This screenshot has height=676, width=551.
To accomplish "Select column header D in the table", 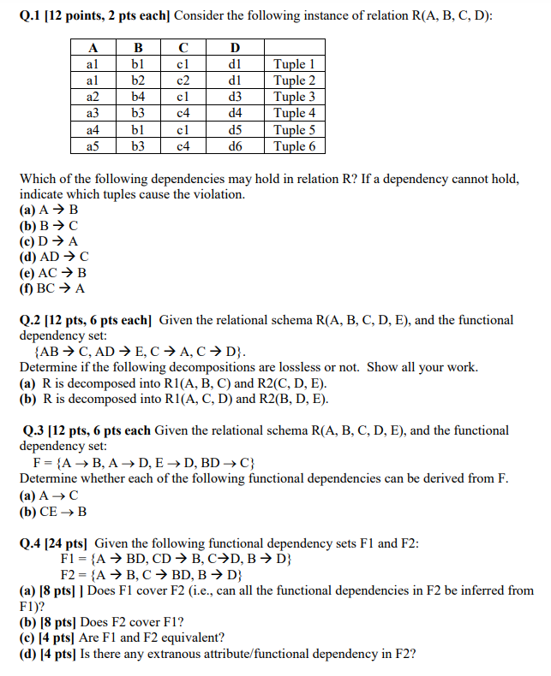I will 236,48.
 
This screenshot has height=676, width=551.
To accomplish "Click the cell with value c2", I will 183,80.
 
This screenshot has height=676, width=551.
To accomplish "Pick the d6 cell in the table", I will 236,146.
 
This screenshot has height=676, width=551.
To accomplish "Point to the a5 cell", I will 93,146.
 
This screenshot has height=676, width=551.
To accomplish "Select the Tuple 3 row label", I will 294,97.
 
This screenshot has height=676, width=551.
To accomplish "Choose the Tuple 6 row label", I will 294,146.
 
